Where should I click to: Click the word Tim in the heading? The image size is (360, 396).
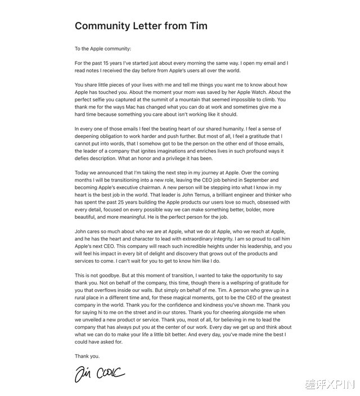pos(199,26)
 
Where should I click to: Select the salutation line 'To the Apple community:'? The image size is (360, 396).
pos(103,49)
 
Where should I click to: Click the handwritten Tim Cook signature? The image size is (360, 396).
pos(100,373)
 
